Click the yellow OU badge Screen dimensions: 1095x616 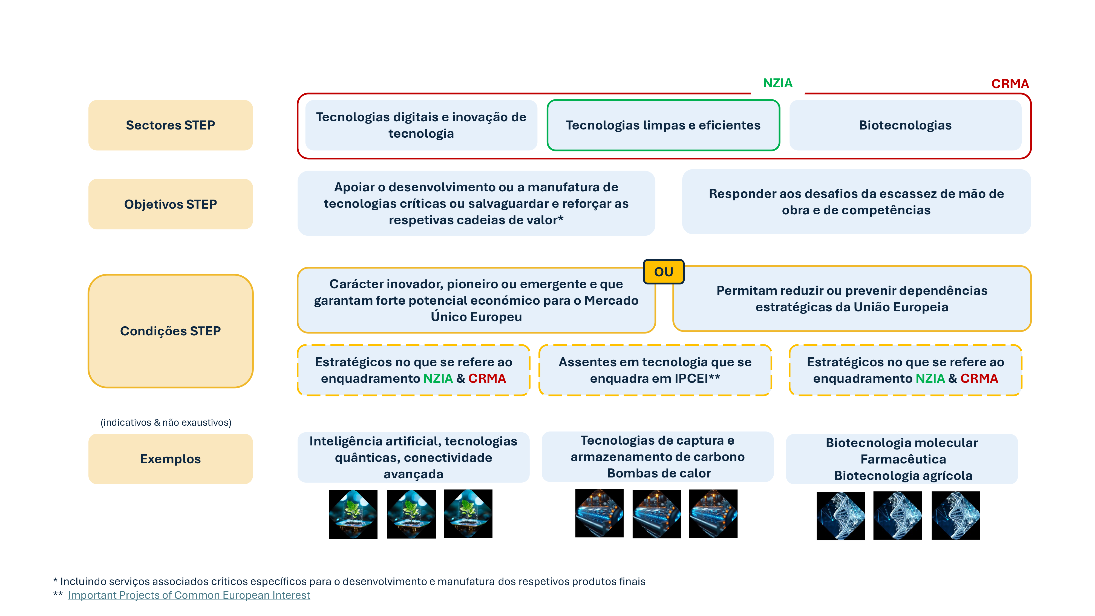pos(664,272)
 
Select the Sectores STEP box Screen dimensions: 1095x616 pos(171,125)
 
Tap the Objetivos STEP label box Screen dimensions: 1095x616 pos(171,204)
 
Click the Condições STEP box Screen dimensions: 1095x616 pos(171,331)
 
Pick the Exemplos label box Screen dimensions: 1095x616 pos(171,459)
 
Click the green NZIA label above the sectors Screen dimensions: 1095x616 pos(777,83)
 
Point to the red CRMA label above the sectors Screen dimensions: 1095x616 pos(1010,84)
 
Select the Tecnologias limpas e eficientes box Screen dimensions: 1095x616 pos(663,125)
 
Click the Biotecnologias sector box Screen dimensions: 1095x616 pos(905,125)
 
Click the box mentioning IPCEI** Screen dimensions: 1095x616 pos(655,370)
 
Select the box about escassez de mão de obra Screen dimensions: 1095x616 pos(856,202)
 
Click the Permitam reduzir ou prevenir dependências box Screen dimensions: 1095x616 pos(852,298)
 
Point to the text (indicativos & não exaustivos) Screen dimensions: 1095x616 pos(166,422)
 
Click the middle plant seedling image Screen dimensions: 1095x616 pos(411,514)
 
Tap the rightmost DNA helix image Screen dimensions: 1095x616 pos(956,515)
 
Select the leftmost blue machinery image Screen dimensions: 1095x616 pos(599,513)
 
